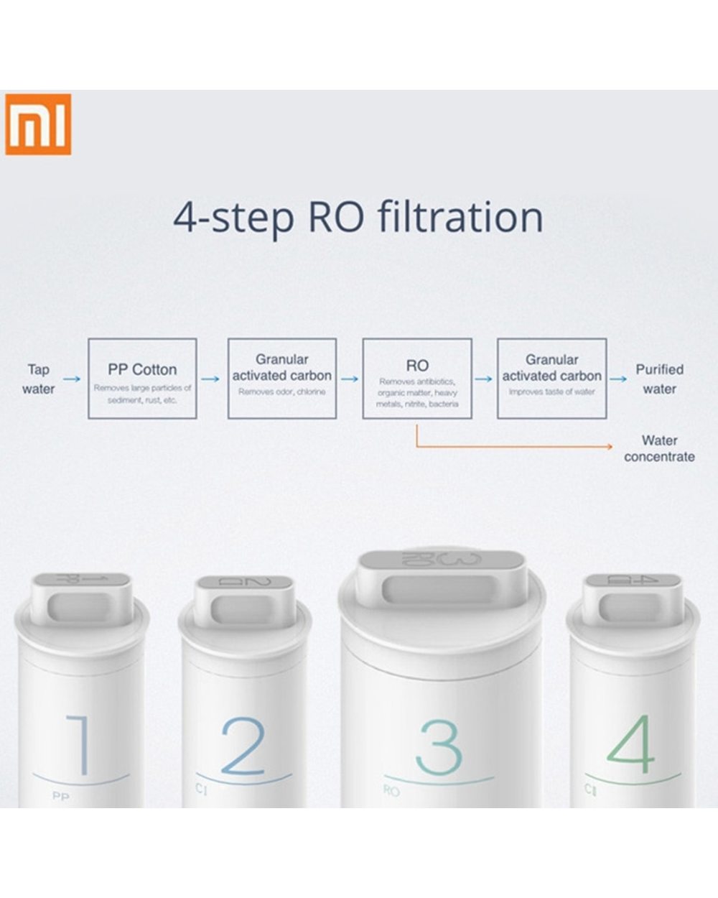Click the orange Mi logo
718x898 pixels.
click(x=39, y=124)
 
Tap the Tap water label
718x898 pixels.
click(x=38, y=379)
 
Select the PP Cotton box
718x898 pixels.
click(x=142, y=379)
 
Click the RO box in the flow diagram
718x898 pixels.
click(x=417, y=379)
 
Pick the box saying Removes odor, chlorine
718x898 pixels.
click(x=281, y=379)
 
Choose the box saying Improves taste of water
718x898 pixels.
click(x=551, y=379)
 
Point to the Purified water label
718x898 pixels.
click(x=659, y=379)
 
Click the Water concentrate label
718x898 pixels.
click(x=659, y=448)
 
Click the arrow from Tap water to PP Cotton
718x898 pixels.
click(x=72, y=378)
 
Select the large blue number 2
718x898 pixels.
click(x=243, y=745)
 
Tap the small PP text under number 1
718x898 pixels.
click(x=61, y=797)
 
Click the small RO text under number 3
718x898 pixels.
click(x=391, y=791)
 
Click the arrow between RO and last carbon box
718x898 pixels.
click(x=484, y=378)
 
